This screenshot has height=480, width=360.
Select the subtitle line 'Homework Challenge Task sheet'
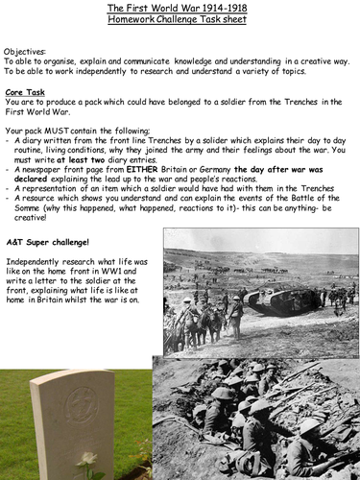click(x=180, y=20)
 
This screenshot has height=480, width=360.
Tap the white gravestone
click(x=72, y=422)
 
